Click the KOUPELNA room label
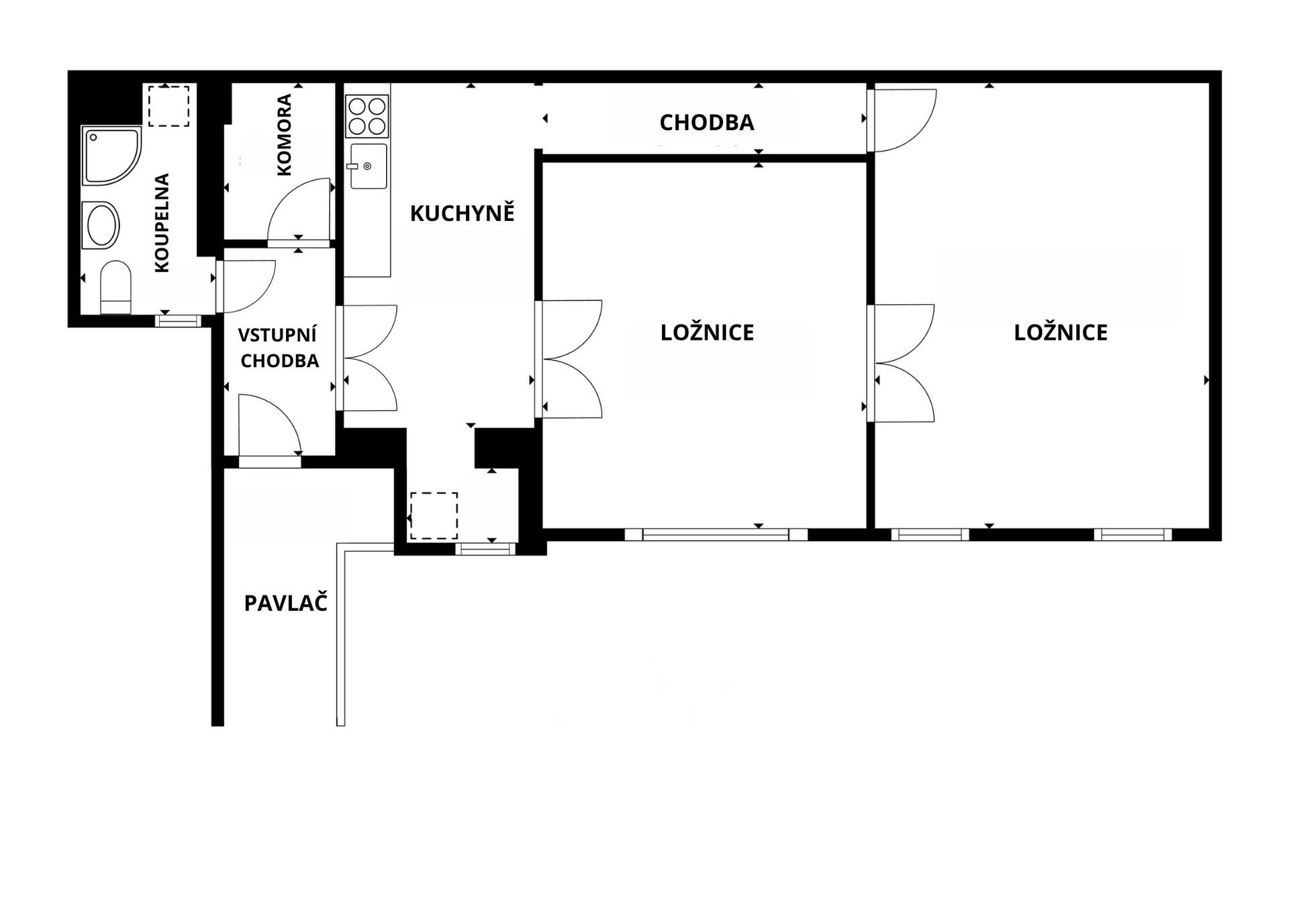click(x=162, y=222)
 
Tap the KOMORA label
click(x=284, y=135)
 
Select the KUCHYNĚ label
click(x=462, y=213)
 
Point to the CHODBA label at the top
click(x=707, y=122)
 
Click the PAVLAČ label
click(x=285, y=603)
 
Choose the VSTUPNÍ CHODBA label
click(x=279, y=348)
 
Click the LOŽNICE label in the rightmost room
click(x=1061, y=332)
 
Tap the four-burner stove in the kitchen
click(x=367, y=116)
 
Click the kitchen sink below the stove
click(x=367, y=165)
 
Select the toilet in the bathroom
click(x=115, y=287)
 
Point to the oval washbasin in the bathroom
click(x=101, y=225)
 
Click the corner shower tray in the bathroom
click(x=111, y=155)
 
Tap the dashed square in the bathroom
click(x=169, y=105)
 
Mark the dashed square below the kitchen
click(x=434, y=516)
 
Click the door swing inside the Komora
click(x=300, y=209)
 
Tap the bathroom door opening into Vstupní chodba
click(x=246, y=287)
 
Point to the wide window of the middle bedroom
click(x=716, y=534)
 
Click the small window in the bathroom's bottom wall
click(x=178, y=321)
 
